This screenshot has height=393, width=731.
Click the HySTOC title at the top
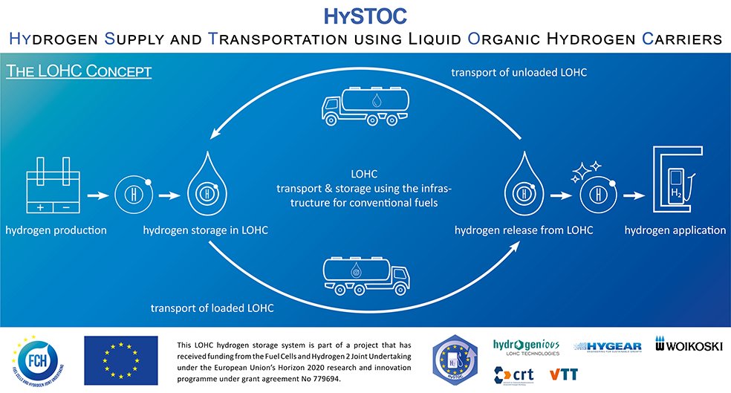point(365,16)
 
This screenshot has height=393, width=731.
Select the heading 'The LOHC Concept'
point(79,72)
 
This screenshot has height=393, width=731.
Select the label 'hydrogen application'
point(675,230)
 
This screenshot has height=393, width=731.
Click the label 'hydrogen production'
point(56,230)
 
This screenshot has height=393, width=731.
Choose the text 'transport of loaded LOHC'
point(212,308)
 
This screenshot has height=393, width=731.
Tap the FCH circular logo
point(36,356)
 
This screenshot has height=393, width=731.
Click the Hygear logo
point(610,346)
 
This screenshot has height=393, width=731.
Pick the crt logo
point(513,371)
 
